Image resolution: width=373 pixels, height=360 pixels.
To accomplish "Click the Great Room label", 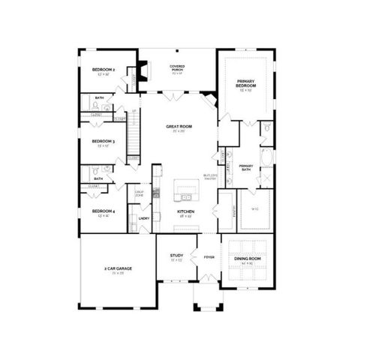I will click(179, 127).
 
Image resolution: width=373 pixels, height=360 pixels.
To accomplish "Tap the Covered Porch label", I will click(177, 67).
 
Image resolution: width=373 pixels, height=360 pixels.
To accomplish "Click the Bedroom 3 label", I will click(103, 141).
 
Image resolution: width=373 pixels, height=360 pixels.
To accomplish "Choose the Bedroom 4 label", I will click(102, 211).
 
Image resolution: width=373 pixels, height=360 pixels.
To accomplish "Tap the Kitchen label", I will click(185, 211).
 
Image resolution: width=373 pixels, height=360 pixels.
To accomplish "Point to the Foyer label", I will click(209, 257).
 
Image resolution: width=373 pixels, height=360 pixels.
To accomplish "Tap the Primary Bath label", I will click(246, 166).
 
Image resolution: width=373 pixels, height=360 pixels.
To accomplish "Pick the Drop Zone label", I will click(139, 193).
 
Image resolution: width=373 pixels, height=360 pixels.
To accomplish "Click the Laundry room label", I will click(144, 218).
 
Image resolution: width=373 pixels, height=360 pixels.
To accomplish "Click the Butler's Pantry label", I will click(209, 177).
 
